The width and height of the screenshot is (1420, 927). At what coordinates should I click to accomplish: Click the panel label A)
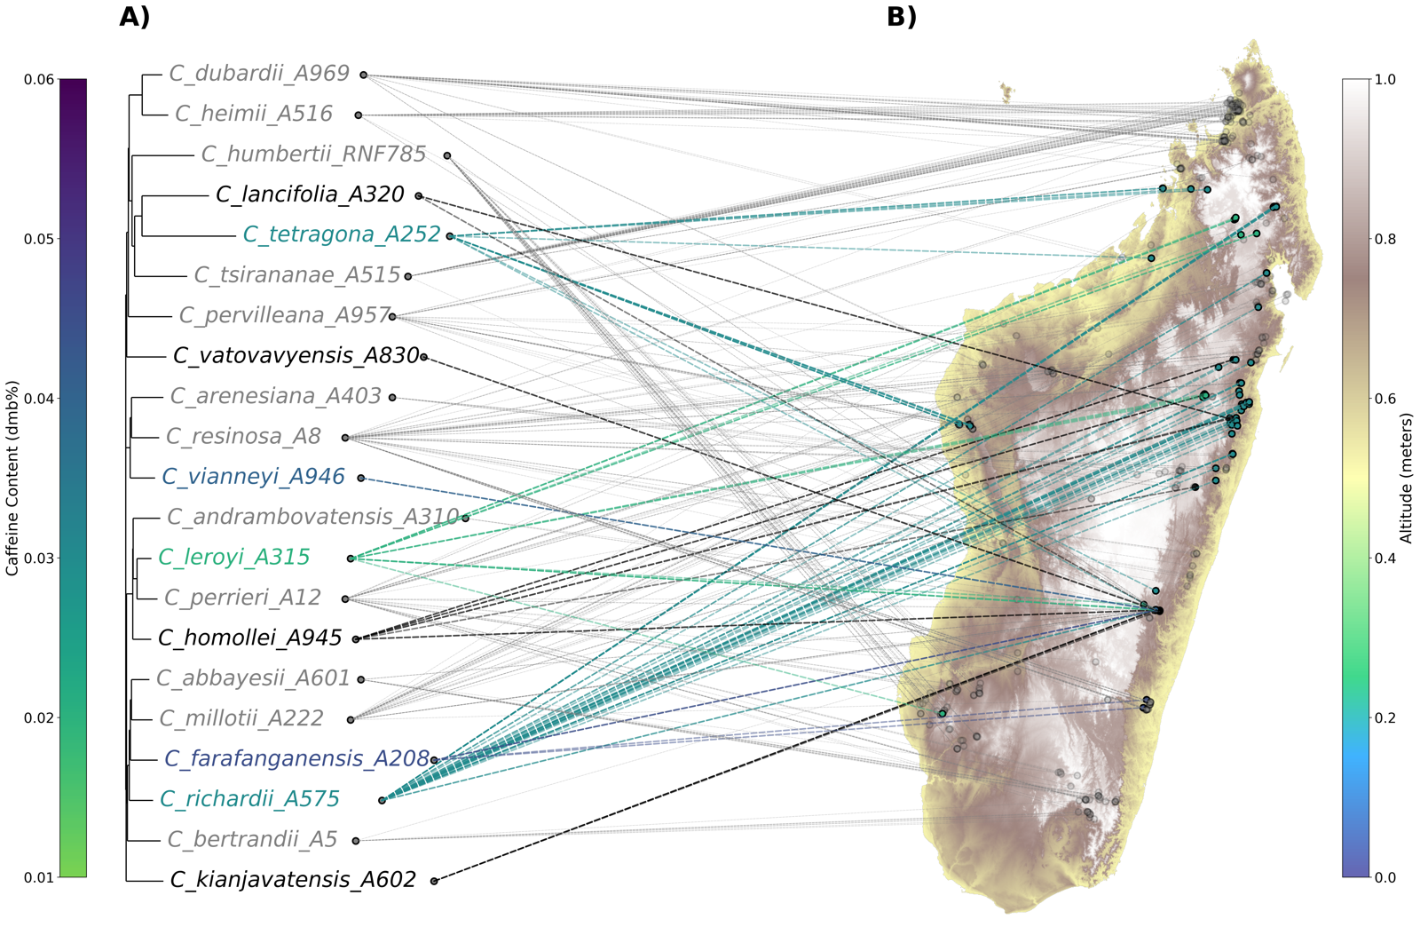(134, 17)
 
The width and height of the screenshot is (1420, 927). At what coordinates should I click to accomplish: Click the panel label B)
(902, 17)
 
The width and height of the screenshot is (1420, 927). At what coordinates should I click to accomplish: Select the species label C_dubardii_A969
(259, 74)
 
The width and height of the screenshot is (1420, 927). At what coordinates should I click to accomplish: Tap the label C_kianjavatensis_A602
(293, 880)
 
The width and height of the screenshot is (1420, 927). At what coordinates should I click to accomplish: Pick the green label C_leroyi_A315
(234, 558)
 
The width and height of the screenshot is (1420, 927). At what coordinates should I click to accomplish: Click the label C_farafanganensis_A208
(296, 759)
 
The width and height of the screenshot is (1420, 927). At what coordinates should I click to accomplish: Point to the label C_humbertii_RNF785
(314, 154)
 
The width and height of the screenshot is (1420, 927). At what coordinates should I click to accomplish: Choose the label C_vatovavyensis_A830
(296, 356)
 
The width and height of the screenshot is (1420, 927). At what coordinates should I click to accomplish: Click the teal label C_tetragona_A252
(342, 234)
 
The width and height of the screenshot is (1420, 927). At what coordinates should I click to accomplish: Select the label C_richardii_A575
(249, 799)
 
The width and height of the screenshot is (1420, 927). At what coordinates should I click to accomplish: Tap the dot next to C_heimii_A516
(359, 115)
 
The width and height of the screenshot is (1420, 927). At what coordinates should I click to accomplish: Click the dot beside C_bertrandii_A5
(356, 841)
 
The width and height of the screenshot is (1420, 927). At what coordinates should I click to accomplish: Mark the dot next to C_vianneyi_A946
(360, 478)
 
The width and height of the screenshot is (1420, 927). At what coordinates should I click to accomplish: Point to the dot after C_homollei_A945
(356, 639)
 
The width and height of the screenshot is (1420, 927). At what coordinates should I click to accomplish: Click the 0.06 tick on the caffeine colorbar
(39, 79)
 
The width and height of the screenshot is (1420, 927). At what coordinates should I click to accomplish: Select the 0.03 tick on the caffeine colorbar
(39, 558)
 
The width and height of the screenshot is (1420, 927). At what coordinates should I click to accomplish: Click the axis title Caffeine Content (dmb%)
(12, 478)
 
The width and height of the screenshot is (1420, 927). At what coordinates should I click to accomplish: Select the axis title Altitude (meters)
(1407, 478)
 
